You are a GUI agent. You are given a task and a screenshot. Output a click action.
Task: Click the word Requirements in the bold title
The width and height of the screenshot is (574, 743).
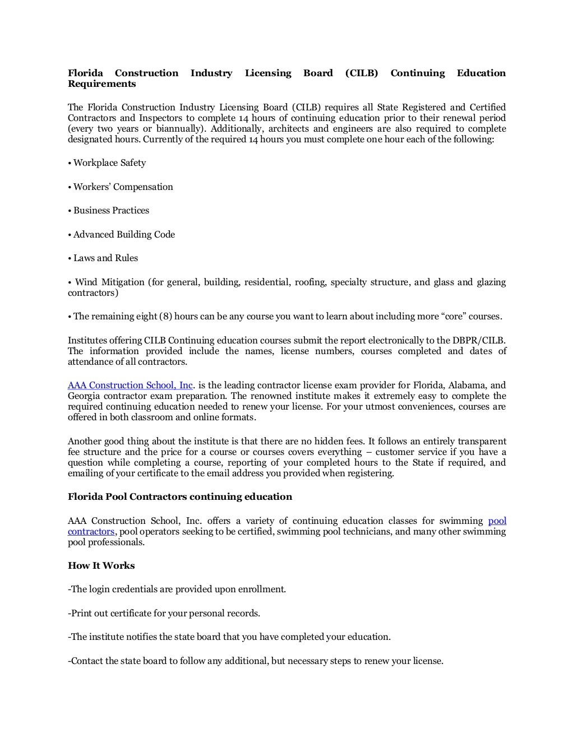pos(101,84)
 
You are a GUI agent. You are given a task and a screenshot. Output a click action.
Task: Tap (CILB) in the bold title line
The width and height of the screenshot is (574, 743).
pos(362,73)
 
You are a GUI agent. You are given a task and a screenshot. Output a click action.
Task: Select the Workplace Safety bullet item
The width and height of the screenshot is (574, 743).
pos(109,163)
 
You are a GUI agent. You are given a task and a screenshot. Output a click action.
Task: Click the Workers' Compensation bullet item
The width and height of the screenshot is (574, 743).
pos(123,187)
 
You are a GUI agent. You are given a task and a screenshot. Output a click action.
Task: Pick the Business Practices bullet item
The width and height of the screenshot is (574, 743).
pos(111,211)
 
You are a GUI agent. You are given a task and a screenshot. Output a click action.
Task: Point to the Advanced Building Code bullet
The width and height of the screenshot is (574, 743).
pos(124,235)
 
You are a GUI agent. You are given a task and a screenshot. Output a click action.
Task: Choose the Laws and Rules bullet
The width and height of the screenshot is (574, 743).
pos(105,258)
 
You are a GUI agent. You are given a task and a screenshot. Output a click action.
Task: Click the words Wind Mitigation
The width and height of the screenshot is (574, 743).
pos(109,282)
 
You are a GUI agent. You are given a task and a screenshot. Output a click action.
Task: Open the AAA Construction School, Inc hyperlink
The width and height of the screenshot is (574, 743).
pos(131,386)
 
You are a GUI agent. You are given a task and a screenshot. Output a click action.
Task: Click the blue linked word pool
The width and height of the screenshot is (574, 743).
pos(497,521)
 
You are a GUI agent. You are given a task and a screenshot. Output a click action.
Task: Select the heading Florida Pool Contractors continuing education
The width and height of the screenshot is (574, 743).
pos(180,497)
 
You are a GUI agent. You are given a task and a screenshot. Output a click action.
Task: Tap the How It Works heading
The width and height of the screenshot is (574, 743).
pos(101,566)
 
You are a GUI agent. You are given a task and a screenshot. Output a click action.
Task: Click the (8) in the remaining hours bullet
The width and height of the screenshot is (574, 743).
pos(165,317)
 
